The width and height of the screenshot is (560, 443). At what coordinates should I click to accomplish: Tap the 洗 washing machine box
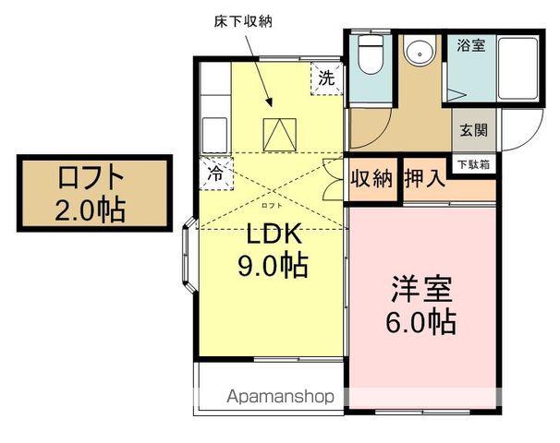point(325,78)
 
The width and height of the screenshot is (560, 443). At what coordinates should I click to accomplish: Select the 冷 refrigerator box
point(215,172)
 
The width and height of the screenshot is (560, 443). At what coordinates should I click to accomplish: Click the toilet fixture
point(370,55)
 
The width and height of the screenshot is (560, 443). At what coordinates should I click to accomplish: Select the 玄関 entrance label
point(473,130)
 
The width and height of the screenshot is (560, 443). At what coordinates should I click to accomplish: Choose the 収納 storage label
point(371,179)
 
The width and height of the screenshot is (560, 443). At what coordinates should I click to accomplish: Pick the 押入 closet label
point(424,179)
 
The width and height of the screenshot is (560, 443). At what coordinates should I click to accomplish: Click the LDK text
point(272,234)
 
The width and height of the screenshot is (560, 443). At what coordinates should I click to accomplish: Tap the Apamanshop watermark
point(281,398)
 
